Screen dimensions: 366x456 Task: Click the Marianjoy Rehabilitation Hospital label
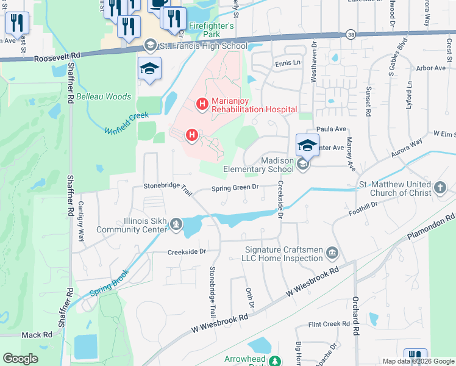254,105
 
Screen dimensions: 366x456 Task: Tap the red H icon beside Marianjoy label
202,105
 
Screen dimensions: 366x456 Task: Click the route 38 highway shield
351,35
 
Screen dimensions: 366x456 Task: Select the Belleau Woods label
104,96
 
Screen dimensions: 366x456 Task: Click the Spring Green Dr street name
235,188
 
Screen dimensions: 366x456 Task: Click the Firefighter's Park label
211,30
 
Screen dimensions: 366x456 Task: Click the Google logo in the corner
20,359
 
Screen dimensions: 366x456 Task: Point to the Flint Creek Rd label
328,325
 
